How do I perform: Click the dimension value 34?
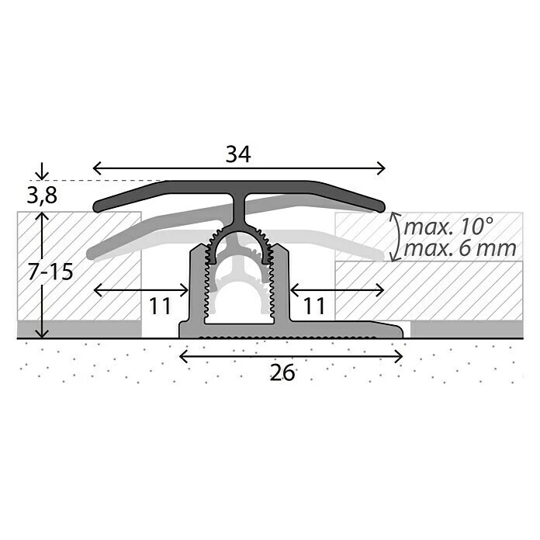(x=238, y=154)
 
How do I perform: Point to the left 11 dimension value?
(x=159, y=306)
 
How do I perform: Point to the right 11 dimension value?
(x=313, y=306)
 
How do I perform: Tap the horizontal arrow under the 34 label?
(x=238, y=168)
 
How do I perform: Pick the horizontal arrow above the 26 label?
(x=291, y=356)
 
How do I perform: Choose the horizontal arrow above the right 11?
(x=337, y=289)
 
